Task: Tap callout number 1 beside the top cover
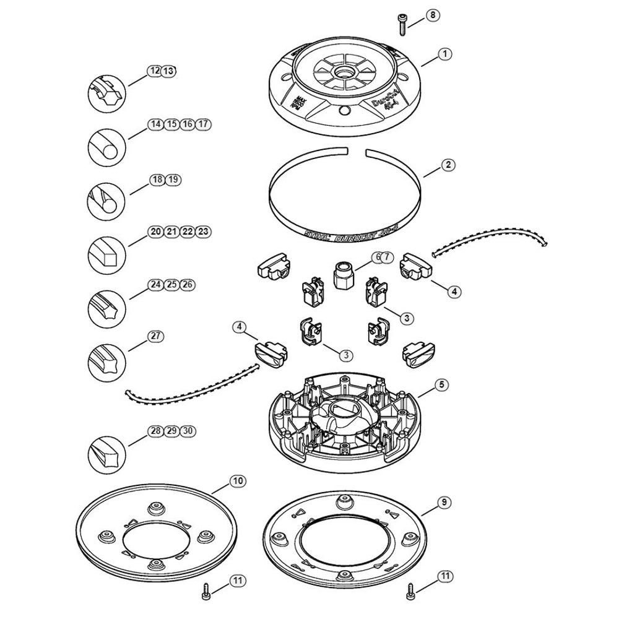444,54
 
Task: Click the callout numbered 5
441,384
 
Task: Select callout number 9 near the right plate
443,503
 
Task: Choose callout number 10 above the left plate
237,480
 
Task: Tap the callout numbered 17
204,124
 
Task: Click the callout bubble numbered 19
173,180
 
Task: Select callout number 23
204,232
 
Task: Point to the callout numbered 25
172,285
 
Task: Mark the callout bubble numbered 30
188,430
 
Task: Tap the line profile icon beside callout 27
106,358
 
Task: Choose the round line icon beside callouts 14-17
106,146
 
